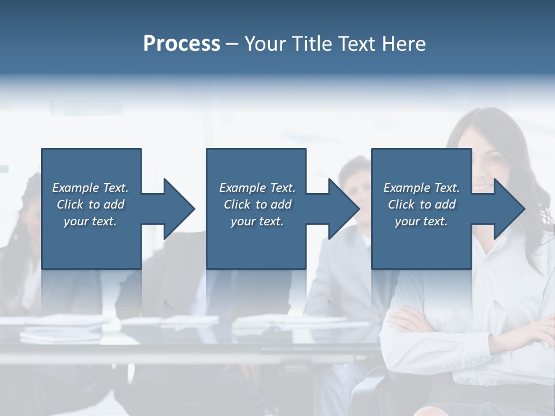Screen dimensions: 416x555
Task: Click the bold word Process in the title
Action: click(182, 44)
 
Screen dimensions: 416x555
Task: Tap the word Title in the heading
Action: click(312, 44)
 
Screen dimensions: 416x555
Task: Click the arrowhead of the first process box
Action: click(179, 209)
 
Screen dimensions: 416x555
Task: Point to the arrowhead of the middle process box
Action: click(344, 209)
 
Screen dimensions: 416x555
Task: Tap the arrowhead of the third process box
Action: click(509, 209)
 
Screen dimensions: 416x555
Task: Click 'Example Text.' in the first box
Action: click(90, 188)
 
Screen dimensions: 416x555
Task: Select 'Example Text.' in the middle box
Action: click(257, 188)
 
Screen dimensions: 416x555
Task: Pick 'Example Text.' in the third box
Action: click(421, 188)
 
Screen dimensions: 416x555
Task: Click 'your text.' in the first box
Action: click(90, 221)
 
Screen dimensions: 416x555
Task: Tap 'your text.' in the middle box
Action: click(257, 221)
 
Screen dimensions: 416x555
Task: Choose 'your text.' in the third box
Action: click(421, 221)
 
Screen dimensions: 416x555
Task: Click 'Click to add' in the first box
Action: click(90, 205)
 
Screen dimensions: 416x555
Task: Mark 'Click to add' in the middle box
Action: click(257, 205)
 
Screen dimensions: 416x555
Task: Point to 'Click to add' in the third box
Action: click(421, 205)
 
